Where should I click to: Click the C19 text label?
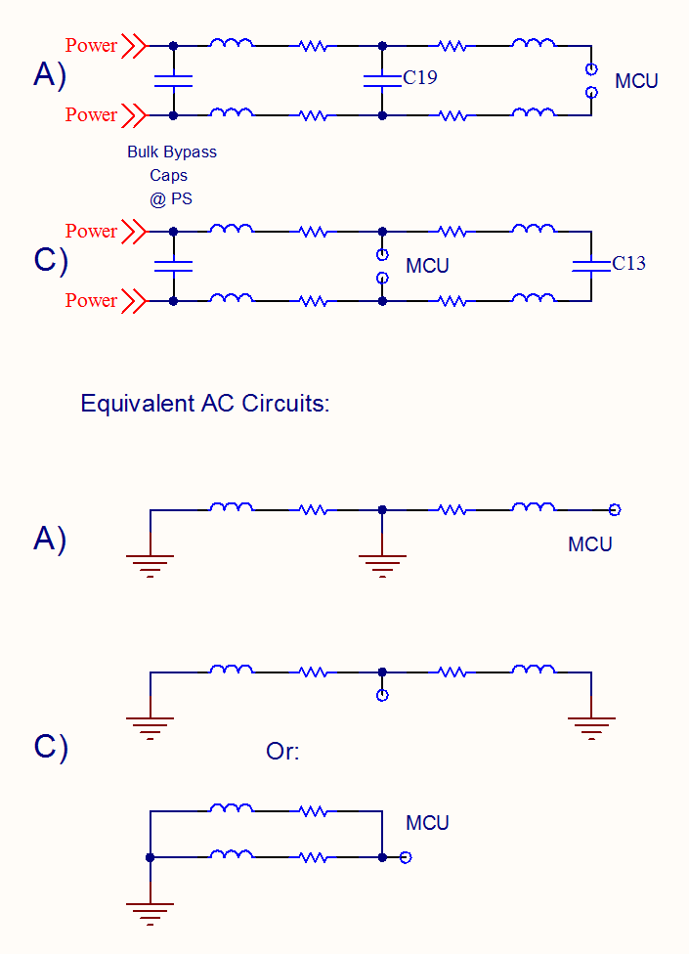pos(420,77)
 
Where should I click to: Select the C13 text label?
pos(628,263)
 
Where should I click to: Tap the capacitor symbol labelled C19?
pos(382,80)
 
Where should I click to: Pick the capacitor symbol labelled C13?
pos(590,266)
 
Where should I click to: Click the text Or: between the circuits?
pos(282,752)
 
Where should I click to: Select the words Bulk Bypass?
pos(172,152)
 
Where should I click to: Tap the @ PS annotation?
pos(172,197)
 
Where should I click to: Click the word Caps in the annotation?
pos(172,175)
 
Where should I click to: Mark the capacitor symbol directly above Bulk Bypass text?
pos(173,80)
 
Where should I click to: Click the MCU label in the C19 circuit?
pos(636,81)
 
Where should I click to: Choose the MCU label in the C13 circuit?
pos(427,266)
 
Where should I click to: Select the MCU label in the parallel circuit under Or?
pos(427,823)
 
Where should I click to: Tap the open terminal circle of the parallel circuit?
pos(406,857)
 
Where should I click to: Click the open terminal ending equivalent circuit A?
pos(615,509)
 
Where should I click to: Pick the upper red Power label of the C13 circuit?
pos(91,232)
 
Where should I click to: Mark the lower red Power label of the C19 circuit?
pos(91,115)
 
